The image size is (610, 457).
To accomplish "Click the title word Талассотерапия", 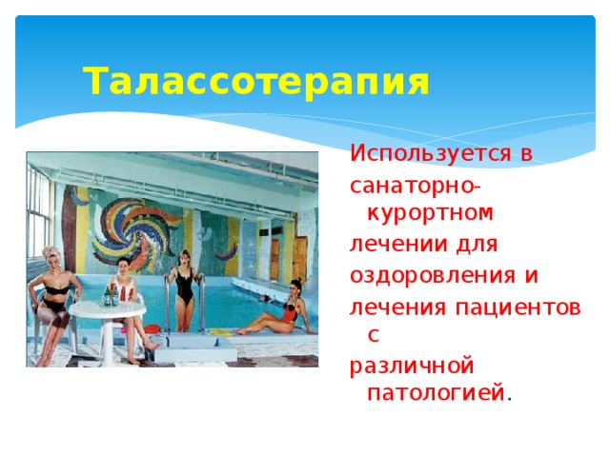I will point(255,82).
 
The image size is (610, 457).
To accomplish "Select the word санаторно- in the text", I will point(416,184).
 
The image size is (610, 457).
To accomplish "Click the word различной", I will point(412,367).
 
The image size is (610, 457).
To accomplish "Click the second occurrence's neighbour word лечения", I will point(387,307).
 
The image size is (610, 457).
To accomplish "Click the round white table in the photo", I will point(108,313).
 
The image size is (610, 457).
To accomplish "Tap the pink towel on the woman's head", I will point(51,254).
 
